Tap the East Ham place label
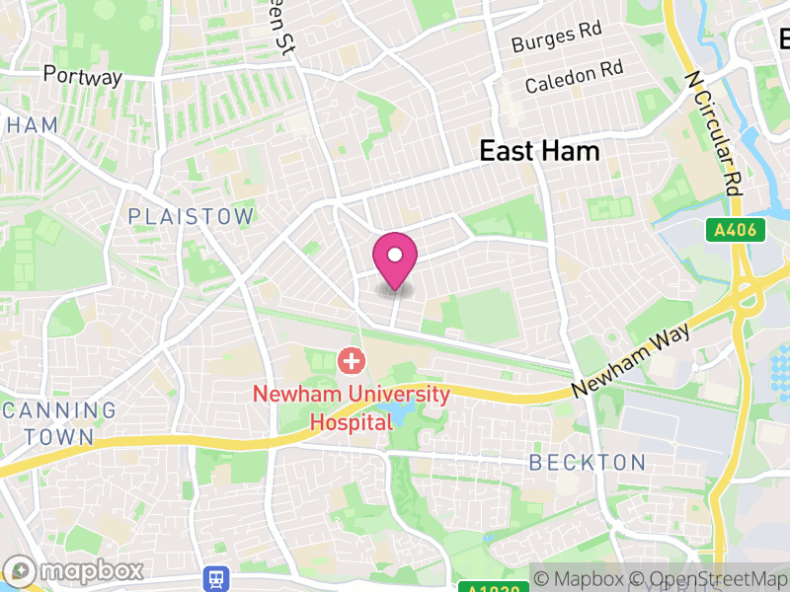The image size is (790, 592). [539, 151]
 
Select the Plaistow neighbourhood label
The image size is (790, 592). [191, 216]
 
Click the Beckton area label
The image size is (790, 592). [588, 462]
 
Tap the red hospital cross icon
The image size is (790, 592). [351, 361]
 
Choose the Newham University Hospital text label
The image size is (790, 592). [351, 407]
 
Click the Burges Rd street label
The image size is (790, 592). [556, 37]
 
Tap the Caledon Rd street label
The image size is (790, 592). [574, 77]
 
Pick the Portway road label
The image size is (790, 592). [83, 76]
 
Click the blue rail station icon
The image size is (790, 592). [213, 577]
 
